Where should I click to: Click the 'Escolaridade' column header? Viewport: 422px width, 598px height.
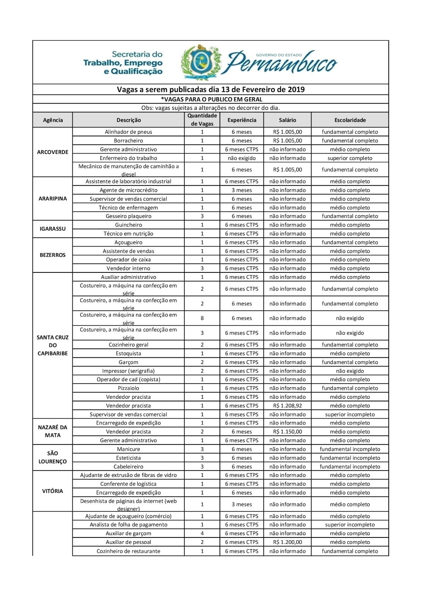350,120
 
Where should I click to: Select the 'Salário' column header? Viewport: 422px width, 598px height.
287,120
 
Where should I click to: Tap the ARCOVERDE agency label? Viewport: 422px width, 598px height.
53,152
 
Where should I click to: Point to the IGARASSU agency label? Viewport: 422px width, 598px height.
53,229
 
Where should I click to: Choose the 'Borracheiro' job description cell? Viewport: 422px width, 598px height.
128,141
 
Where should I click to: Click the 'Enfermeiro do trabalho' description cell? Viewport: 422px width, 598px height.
128,158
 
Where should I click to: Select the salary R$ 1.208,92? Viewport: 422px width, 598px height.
287,406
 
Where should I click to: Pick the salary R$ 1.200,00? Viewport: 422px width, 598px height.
287,542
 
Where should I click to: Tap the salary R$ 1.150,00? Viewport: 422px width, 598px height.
287,432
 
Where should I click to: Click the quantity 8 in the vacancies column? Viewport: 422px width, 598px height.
202,318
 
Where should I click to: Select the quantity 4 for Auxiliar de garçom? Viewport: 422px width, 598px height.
202,533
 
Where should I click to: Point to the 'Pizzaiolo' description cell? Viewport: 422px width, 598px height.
128,388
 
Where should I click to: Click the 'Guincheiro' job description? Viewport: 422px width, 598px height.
128,225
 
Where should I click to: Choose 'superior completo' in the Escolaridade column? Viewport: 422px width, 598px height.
350,158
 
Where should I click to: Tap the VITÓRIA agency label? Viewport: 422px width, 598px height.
53,491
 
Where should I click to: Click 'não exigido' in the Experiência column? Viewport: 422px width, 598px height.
242,158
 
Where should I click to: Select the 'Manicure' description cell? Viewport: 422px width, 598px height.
128,449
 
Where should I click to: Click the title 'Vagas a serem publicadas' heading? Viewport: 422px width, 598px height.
211,89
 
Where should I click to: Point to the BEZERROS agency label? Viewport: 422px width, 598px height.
53,255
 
